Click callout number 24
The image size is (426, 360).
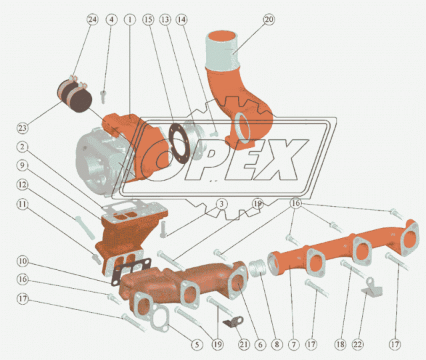click(x=92, y=19)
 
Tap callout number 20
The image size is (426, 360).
click(x=269, y=19)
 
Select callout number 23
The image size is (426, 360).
click(x=22, y=127)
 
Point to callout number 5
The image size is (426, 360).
click(x=197, y=345)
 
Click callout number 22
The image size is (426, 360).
click(x=357, y=345)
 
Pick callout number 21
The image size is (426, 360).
click(x=243, y=345)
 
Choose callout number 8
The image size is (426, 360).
click(x=277, y=345)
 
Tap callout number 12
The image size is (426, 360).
click(x=22, y=185)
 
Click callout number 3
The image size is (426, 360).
click(x=222, y=204)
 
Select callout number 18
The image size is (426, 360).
click(x=340, y=345)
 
